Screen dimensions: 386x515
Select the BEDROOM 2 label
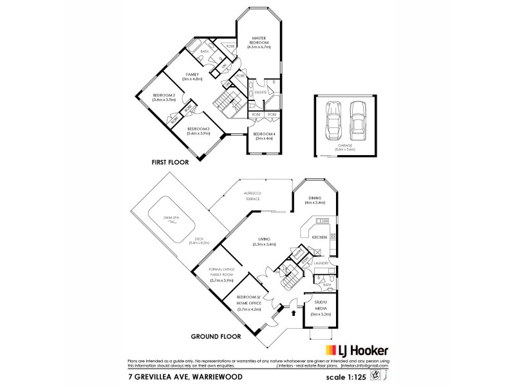click(164, 98)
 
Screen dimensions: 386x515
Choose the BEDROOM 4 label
click(264, 136)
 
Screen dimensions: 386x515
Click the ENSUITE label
click(260, 93)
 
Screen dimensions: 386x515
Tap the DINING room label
click(315, 200)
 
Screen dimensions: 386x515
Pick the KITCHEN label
click(320, 237)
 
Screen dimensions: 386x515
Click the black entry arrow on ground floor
click(295, 315)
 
